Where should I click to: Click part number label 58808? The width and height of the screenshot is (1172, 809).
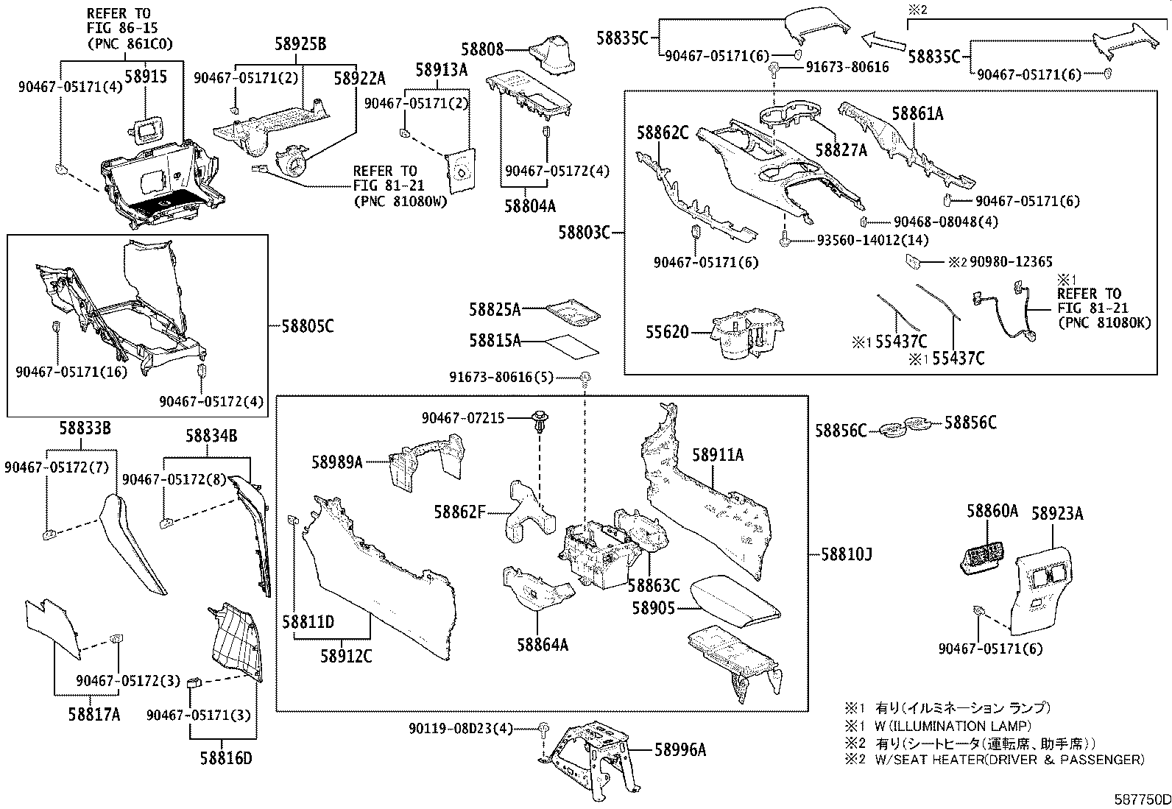point(483,49)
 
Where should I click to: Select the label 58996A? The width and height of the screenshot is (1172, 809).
point(680,749)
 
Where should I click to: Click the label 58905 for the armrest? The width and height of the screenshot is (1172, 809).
point(653,608)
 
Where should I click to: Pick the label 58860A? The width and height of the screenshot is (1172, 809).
point(992,510)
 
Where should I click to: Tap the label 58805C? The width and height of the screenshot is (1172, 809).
point(307,325)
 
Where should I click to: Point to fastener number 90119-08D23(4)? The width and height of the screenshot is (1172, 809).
point(460,728)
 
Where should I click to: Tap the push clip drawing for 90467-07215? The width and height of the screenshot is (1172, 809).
point(539,422)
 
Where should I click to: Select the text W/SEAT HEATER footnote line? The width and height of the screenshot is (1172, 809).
point(1009,759)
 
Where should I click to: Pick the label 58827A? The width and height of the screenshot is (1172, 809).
point(841,150)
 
